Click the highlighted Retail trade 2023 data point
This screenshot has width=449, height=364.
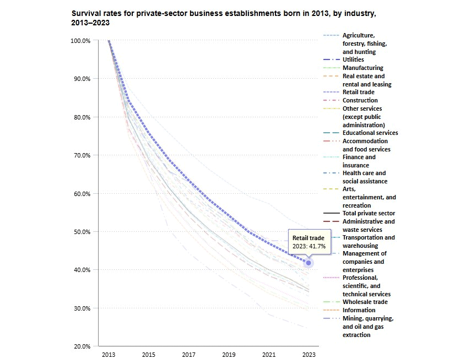coord(309,263)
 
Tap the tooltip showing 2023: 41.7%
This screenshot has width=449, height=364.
coord(309,242)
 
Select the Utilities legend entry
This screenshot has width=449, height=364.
coord(353,59)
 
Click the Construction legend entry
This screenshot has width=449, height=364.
coord(360,100)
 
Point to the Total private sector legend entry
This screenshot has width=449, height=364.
coord(369,213)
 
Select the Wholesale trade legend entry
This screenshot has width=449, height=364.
coord(365,302)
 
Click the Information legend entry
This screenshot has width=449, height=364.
coord(359,310)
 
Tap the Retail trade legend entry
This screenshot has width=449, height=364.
coord(358,92)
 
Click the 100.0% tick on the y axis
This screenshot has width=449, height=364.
coord(81,41)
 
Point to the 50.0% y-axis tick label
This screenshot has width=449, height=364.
coord(82,232)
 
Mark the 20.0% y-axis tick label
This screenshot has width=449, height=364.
coord(82,346)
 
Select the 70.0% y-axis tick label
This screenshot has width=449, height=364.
coord(82,155)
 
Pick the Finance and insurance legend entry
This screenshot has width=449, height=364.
coord(359,161)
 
